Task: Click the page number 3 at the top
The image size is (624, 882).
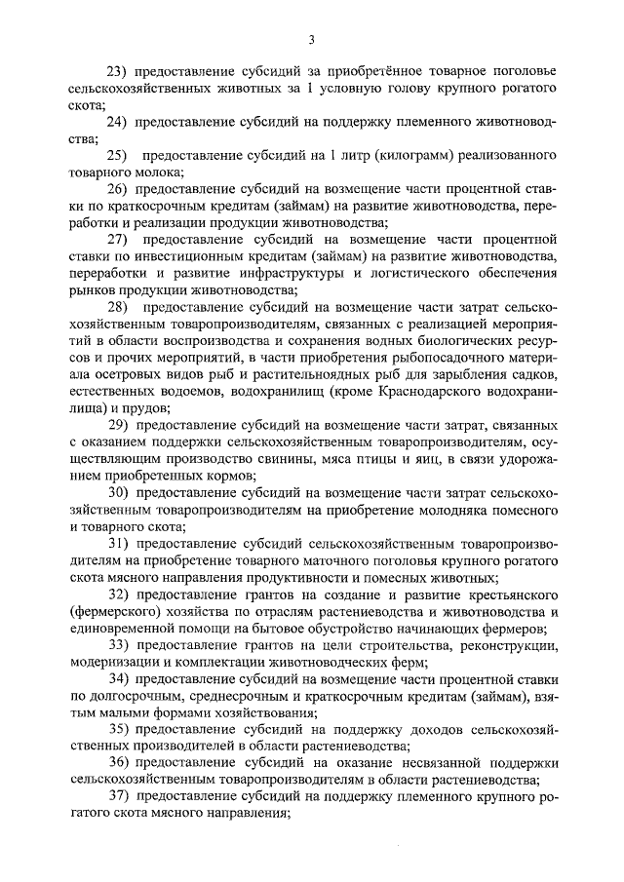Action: tap(311, 39)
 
